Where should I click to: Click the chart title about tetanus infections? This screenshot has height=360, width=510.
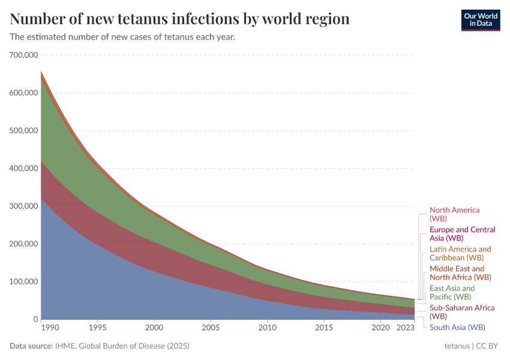point(180,19)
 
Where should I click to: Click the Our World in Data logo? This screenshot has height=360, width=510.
point(480,20)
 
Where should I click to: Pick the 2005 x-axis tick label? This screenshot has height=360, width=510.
point(211,328)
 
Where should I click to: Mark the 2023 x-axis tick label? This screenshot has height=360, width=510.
point(406,328)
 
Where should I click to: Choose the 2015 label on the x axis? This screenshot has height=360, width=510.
point(324,328)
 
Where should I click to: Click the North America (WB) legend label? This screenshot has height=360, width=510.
point(454,215)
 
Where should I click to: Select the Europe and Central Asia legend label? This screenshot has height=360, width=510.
point(462,234)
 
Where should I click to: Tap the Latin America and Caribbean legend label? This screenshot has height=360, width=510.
point(460,253)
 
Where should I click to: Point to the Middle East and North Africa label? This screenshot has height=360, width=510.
point(460,273)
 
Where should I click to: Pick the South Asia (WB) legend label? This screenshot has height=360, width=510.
point(457,328)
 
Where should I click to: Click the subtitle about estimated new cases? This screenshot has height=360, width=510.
point(122,37)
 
